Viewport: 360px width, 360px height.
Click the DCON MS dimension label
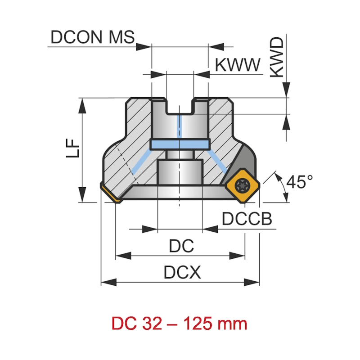(x=93, y=37)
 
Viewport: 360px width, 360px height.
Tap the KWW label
(x=238, y=65)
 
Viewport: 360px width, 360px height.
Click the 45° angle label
(x=300, y=182)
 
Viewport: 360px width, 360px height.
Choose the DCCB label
(x=247, y=219)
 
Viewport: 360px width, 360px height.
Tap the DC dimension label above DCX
(x=181, y=246)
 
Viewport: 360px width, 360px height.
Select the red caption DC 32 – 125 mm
(x=180, y=324)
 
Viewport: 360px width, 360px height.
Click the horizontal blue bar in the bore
(x=180, y=144)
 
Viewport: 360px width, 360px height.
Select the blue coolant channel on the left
(x=143, y=163)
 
